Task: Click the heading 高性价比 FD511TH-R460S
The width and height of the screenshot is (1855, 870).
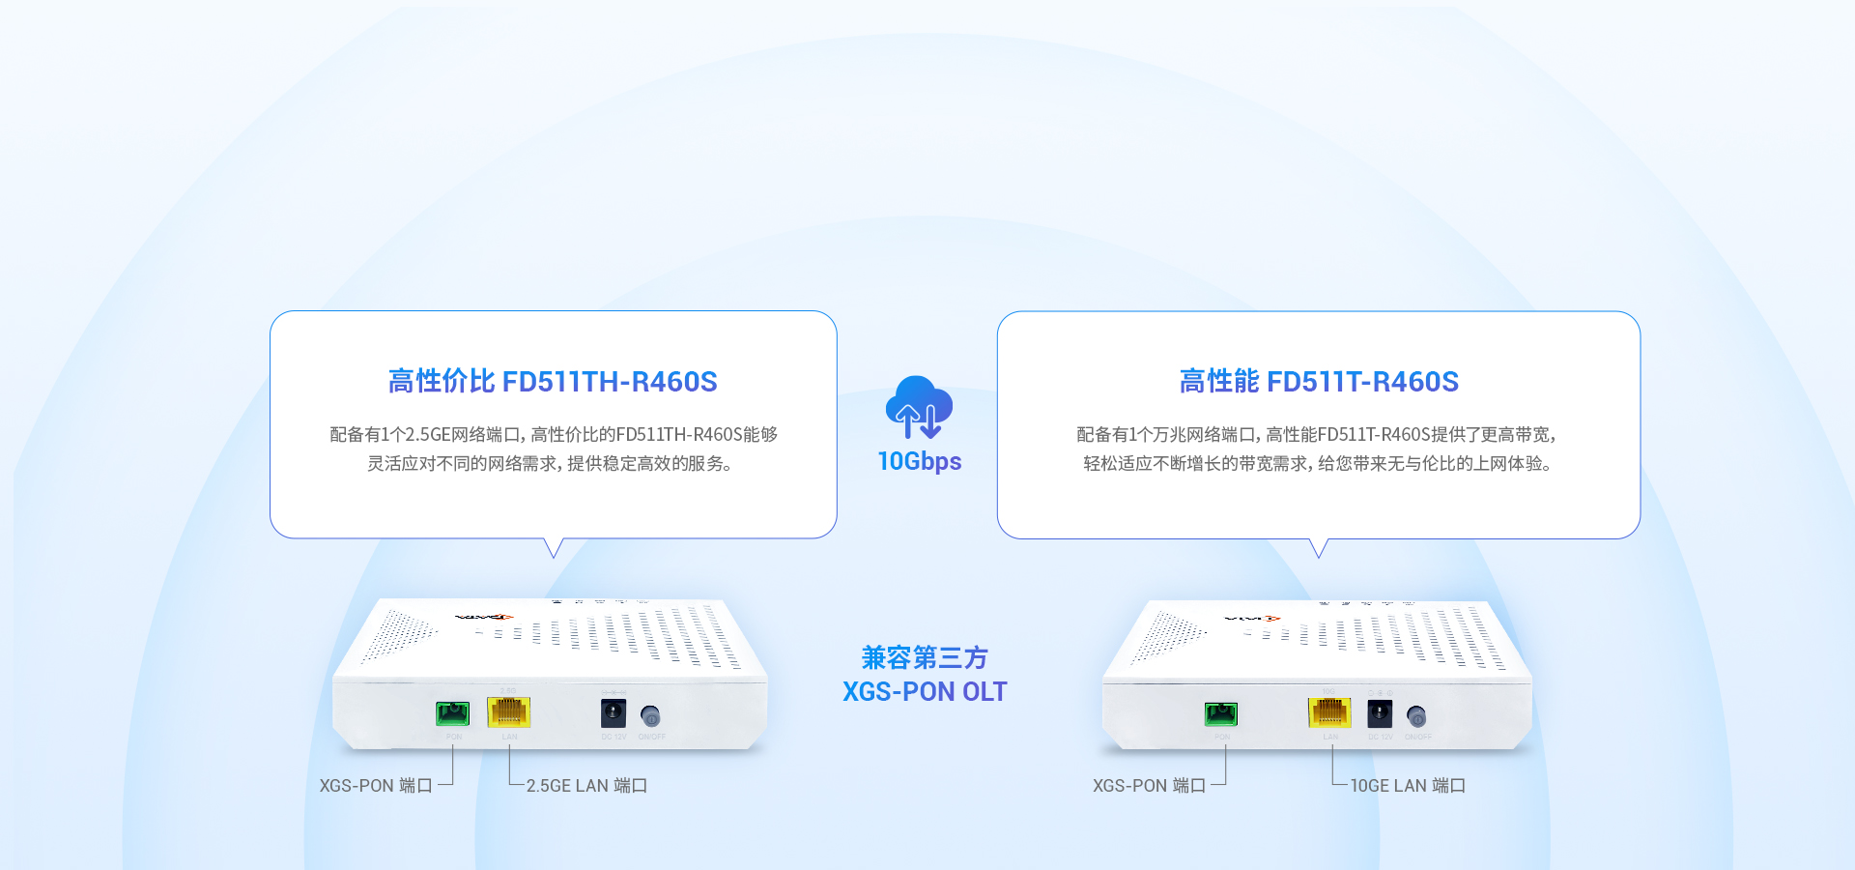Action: (553, 382)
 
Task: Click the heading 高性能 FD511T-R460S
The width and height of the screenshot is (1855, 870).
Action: (1319, 382)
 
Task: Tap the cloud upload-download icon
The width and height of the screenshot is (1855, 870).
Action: (919, 407)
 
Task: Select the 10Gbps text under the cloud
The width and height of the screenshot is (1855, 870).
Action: (919, 461)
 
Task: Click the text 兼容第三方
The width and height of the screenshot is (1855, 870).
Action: (925, 657)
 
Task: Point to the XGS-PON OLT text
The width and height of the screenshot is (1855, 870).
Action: (925, 692)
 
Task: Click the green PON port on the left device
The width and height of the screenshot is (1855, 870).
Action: (452, 713)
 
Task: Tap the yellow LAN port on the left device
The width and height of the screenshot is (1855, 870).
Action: (509, 712)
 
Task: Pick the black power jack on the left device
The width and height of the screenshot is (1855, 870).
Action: (614, 714)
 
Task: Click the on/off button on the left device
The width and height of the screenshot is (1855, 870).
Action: (651, 716)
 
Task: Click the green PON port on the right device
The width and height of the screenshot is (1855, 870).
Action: (1221, 713)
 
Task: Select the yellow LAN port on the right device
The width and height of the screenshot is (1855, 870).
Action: (1329, 712)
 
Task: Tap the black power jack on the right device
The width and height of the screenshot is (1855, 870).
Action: (1380, 714)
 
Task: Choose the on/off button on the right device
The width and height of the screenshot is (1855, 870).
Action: (1416, 716)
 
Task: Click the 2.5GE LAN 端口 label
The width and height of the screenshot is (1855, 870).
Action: (586, 786)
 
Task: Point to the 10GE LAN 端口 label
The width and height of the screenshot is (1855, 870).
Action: (1408, 786)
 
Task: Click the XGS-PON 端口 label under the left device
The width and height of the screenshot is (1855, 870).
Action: (376, 786)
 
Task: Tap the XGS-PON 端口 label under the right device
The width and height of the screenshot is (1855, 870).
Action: (1149, 786)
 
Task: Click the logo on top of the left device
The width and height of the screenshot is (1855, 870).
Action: (484, 616)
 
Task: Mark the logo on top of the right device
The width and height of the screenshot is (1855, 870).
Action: (1252, 618)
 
